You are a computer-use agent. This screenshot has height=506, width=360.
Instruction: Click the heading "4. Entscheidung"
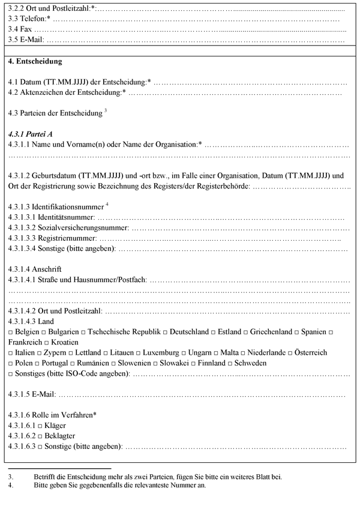click(35, 62)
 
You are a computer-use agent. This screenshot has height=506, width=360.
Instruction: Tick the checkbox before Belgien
click(10, 332)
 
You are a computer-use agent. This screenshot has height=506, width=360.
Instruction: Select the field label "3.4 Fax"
click(20, 29)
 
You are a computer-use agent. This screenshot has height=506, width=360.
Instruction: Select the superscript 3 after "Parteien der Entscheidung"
click(105, 109)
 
